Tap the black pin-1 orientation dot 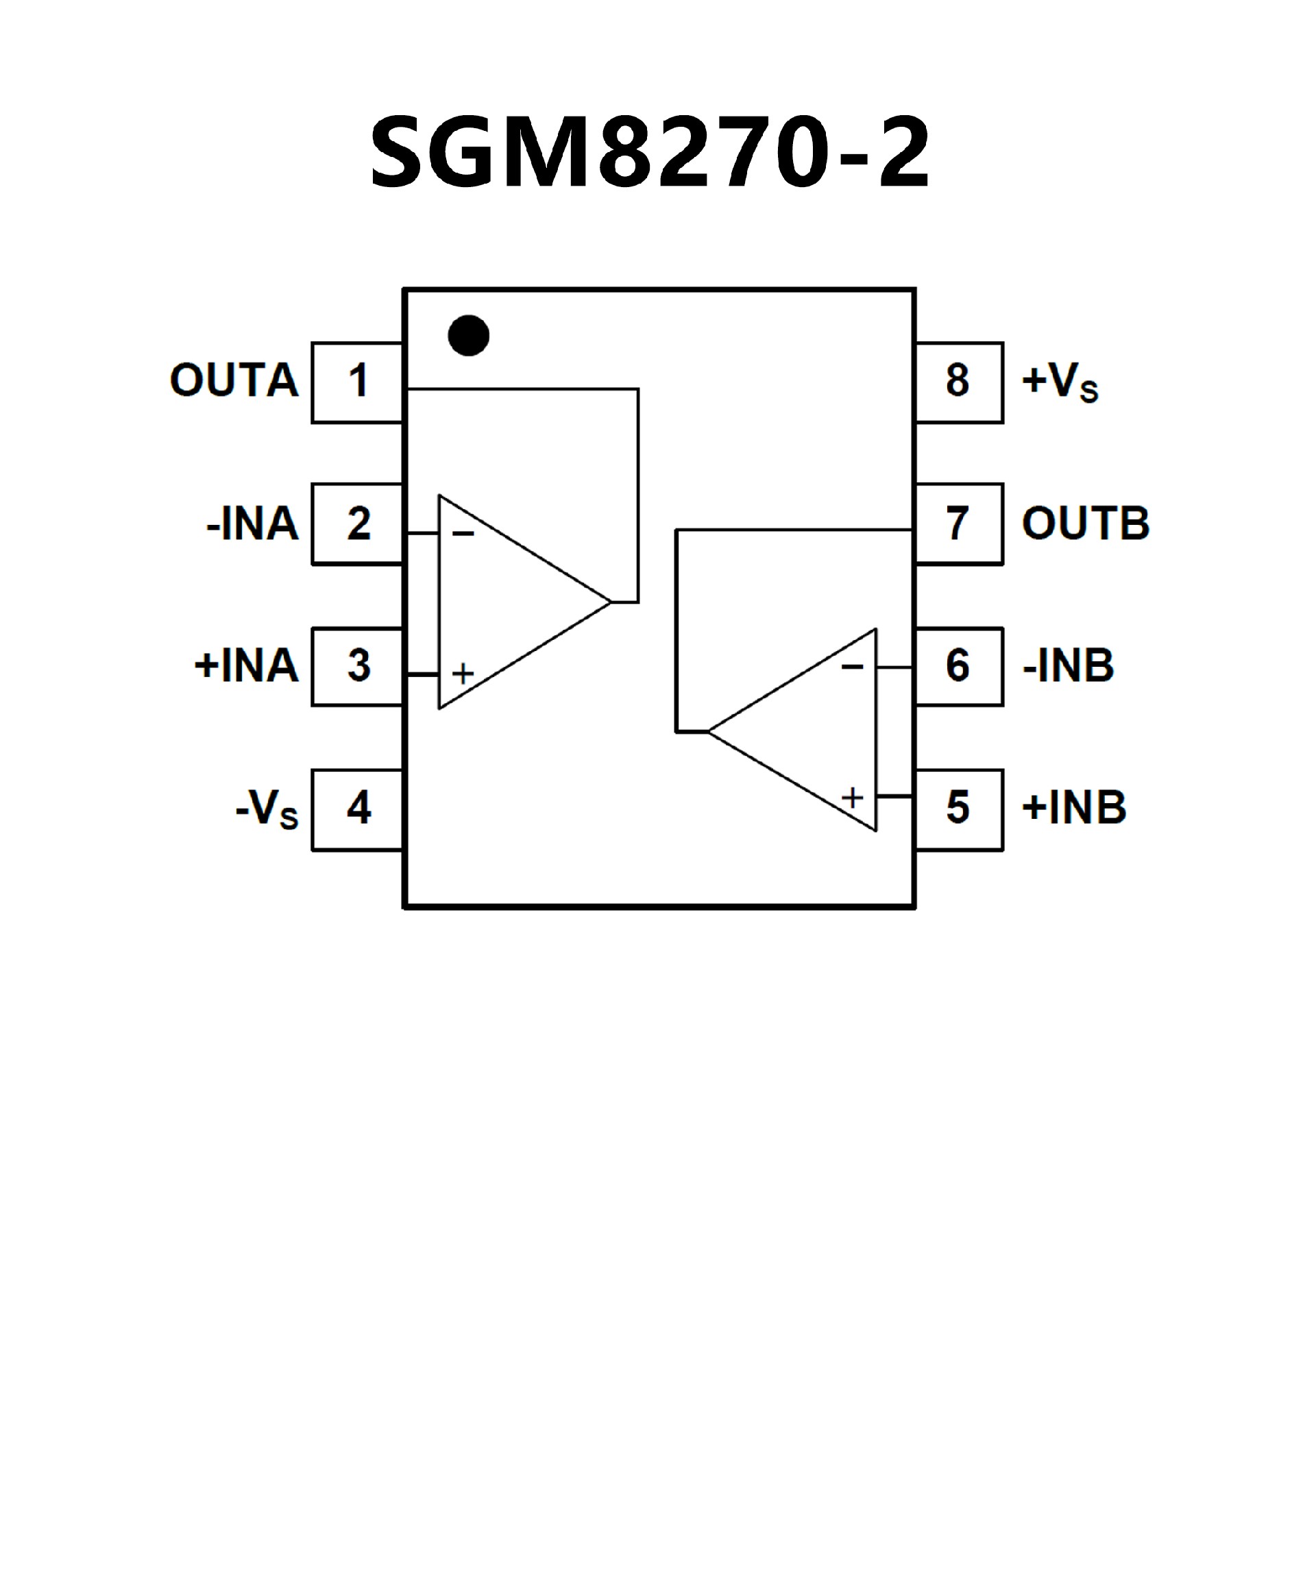coord(469,336)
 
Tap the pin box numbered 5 coord(959,809)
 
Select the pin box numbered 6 coord(959,666)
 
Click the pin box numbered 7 coord(959,524)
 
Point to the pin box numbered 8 coord(959,382)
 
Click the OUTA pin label coord(234,380)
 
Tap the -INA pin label coord(252,524)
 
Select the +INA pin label coord(246,665)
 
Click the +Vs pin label coord(1060,382)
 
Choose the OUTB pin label coord(1086,524)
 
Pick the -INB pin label coord(1068,665)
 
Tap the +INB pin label coord(1074,808)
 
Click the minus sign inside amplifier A coord(463,534)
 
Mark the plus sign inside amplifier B coord(853,798)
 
